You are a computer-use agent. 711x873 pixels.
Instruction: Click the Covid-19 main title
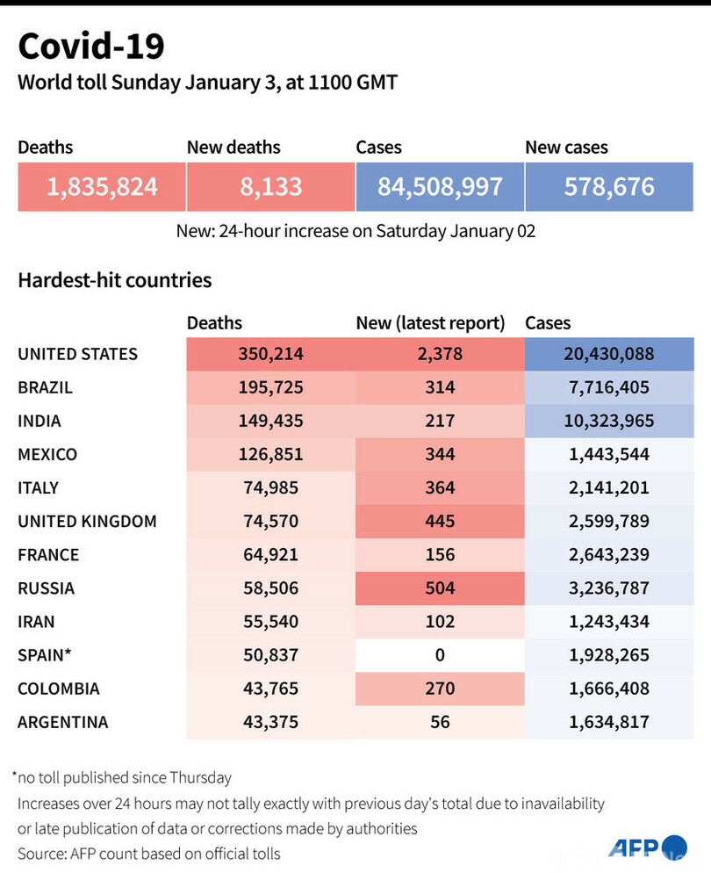tap(91, 46)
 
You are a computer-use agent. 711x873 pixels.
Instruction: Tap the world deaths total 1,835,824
tap(102, 186)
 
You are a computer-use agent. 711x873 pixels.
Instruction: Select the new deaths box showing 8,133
tap(270, 186)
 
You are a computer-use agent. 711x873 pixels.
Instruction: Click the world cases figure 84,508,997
tap(440, 186)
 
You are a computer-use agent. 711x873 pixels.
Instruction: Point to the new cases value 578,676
tap(609, 186)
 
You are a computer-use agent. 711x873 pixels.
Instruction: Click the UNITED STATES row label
tap(78, 354)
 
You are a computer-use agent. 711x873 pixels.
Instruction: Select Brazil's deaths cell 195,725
tap(270, 387)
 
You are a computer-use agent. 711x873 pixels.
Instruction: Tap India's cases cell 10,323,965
tap(609, 421)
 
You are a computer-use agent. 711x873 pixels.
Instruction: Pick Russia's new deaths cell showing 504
tap(440, 588)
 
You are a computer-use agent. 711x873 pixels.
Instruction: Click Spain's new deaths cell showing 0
tap(440, 655)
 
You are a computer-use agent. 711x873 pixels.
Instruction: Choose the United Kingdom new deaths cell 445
tap(440, 522)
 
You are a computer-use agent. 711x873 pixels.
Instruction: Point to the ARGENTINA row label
tap(63, 722)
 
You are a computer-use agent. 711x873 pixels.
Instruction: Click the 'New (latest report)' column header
tap(430, 323)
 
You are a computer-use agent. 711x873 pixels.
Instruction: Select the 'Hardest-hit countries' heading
tap(115, 280)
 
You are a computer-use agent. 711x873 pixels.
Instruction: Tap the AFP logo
tap(648, 848)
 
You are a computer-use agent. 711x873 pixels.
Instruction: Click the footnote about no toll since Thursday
tap(122, 776)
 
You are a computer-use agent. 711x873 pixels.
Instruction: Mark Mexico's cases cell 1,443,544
tap(609, 454)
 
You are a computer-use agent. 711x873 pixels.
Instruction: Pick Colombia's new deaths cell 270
tap(440, 689)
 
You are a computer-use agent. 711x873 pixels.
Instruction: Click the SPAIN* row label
tap(45, 655)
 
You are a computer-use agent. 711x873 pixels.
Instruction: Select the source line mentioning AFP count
tap(149, 853)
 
